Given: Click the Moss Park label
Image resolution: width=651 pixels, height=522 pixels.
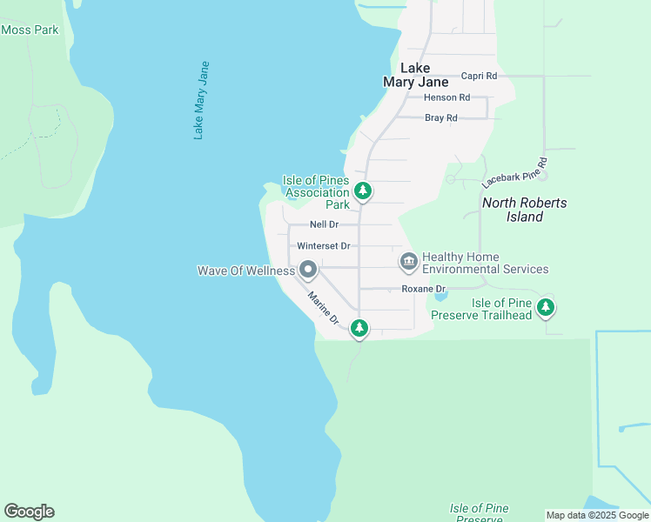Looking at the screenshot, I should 30,30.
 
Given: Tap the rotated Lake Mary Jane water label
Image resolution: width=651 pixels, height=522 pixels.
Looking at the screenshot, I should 202,100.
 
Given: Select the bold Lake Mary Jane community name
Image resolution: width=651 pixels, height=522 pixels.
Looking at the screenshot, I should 415,75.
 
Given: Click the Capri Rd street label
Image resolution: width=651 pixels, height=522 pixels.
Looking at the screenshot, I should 479,77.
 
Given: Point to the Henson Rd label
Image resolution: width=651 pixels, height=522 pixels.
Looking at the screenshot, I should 446,97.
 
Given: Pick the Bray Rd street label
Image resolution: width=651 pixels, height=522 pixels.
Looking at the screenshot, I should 440,118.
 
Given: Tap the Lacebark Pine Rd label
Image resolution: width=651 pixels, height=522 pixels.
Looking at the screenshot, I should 514,173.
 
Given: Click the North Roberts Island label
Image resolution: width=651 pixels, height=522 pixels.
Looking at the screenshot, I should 525,210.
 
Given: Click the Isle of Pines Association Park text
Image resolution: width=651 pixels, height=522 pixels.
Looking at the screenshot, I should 316,192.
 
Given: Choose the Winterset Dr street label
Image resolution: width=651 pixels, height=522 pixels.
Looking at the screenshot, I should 323,246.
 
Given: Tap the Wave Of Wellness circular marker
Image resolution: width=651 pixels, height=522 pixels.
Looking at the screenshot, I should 307,270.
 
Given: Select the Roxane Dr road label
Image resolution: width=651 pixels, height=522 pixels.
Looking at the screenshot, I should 423,289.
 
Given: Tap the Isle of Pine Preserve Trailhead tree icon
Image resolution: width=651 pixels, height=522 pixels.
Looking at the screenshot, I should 546,307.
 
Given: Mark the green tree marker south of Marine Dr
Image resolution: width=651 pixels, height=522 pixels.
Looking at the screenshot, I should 359,328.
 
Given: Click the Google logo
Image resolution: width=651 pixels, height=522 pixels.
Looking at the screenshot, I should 29,512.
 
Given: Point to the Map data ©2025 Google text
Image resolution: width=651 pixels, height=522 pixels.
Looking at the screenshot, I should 597,515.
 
